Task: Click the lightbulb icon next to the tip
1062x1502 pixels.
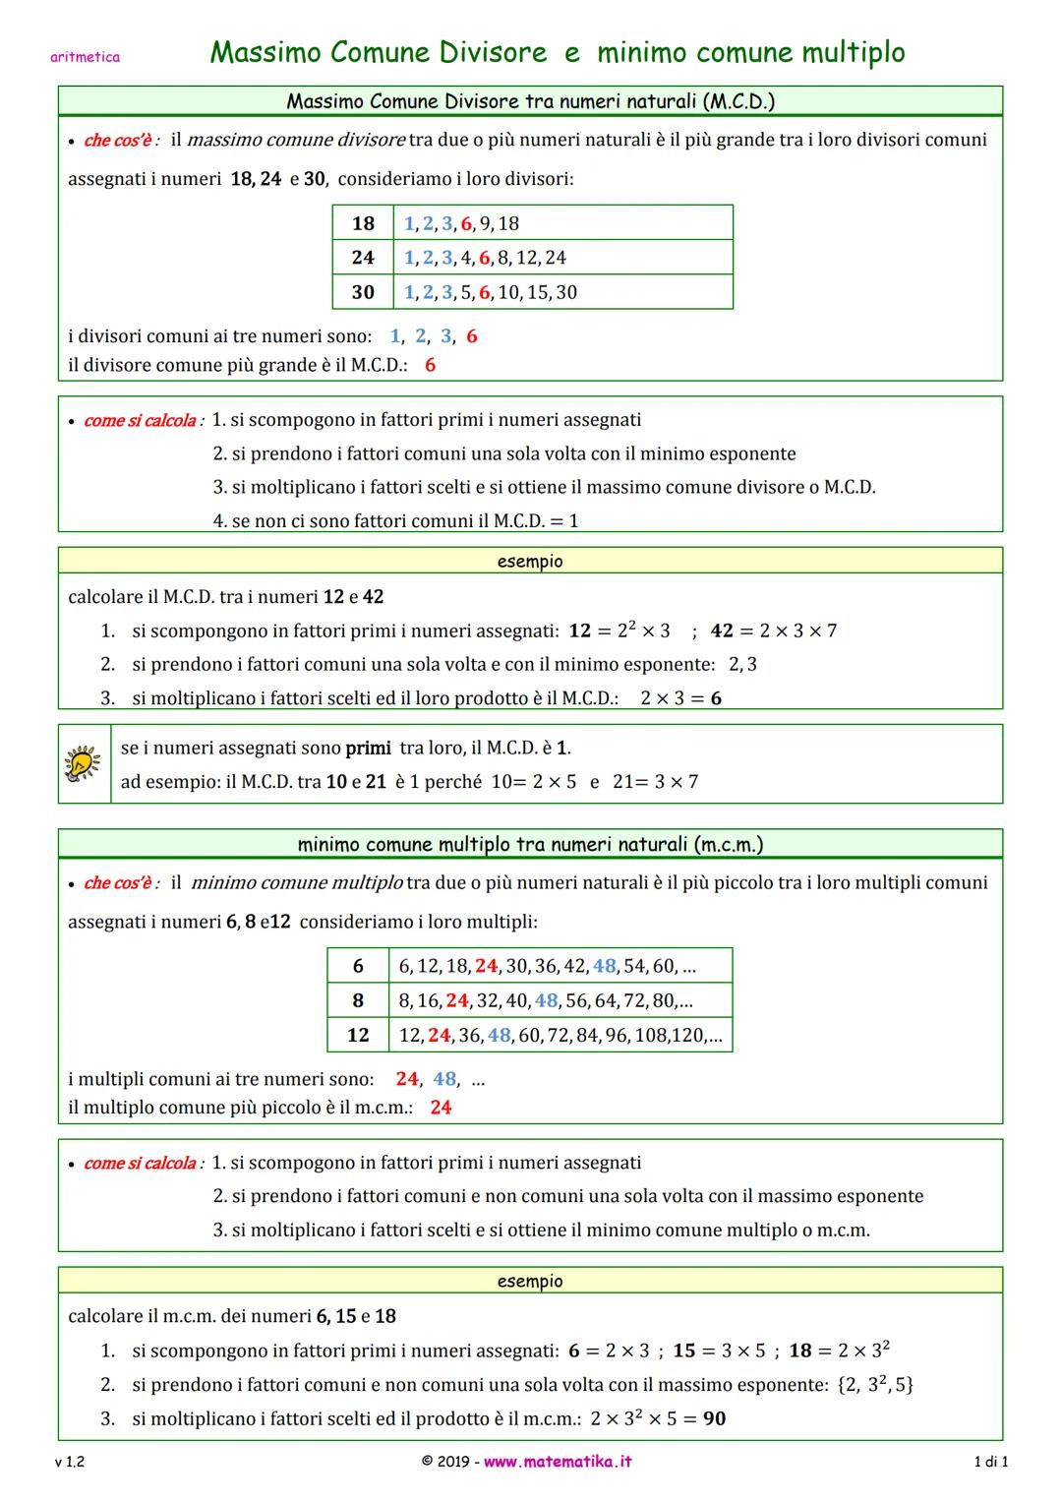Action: click(83, 764)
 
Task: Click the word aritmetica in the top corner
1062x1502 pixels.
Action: click(85, 57)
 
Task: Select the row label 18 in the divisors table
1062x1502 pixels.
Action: click(363, 223)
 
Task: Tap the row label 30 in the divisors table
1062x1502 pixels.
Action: click(363, 292)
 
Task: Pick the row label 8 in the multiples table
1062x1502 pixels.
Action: click(358, 1000)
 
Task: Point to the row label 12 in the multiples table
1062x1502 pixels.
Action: click(358, 1035)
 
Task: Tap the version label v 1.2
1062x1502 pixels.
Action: click(70, 1463)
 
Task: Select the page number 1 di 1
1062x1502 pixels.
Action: click(990, 1463)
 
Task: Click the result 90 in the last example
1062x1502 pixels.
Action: click(715, 1418)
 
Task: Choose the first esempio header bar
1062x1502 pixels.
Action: click(530, 561)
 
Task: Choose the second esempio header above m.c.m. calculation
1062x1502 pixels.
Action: click(530, 1281)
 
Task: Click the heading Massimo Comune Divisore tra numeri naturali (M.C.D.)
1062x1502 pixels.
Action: click(530, 100)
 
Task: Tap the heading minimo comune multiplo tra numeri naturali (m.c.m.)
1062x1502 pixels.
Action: click(530, 844)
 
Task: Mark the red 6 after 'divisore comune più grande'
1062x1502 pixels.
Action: click(430, 365)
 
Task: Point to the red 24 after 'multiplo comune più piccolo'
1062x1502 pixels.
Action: click(441, 1108)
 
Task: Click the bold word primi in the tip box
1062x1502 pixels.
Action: click(368, 748)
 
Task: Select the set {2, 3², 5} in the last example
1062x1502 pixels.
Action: click(874, 1385)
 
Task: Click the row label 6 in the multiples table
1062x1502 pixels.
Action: click(358, 966)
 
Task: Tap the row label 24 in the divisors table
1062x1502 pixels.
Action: click(363, 258)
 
